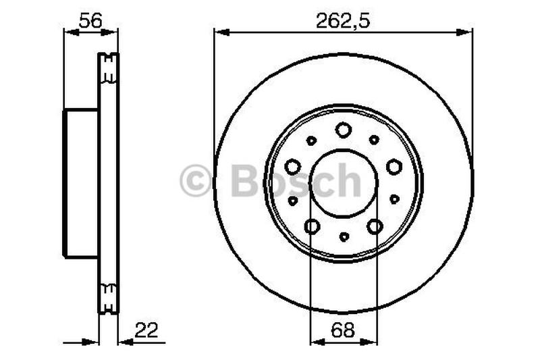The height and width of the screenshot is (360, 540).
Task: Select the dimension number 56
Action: click(90, 20)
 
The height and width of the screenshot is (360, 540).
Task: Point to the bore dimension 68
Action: click(344, 330)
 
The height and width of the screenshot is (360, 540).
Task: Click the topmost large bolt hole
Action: click(344, 130)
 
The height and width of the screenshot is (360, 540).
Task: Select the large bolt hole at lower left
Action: click(312, 227)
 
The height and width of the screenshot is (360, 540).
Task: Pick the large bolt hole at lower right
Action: click(375, 227)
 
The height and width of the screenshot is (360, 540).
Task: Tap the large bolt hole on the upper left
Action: click(292, 166)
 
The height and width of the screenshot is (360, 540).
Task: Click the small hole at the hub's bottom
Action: click(344, 237)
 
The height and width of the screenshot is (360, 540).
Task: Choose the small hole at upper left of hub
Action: click(311, 140)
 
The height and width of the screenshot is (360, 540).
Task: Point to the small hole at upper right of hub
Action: click(375, 140)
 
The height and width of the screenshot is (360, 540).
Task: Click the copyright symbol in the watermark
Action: click(196, 181)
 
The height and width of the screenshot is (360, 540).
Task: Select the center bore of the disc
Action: click(344, 182)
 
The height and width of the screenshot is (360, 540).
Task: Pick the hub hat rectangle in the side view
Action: click(81, 183)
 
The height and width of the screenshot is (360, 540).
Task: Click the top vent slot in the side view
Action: click(108, 68)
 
